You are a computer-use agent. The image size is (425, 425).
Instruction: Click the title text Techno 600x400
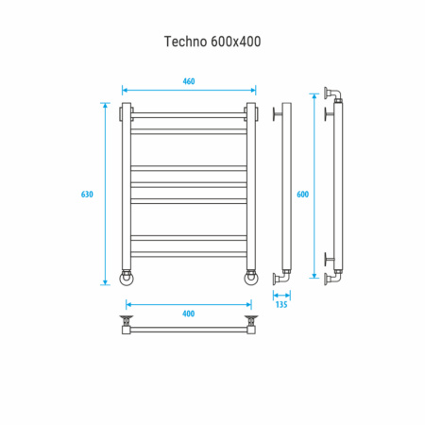tap(212, 42)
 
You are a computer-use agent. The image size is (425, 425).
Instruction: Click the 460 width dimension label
tap(189, 82)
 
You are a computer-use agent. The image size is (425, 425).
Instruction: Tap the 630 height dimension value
tap(87, 194)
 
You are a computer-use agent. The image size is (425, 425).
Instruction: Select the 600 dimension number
tap(302, 194)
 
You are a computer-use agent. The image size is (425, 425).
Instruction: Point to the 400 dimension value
tap(188, 314)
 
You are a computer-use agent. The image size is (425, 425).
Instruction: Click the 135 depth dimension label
tap(281, 304)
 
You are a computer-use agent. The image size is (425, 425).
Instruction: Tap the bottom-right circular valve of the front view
tap(251, 277)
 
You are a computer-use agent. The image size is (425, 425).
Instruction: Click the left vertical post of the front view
tap(126, 189)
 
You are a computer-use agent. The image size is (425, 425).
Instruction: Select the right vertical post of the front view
tap(251, 189)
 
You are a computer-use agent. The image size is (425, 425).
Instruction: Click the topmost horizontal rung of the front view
tap(189, 117)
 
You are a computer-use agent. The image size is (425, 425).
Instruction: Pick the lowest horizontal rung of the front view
tap(189, 254)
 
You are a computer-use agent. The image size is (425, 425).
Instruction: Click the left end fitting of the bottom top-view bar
tap(126, 329)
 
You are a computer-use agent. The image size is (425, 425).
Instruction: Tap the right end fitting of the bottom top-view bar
tap(251, 329)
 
